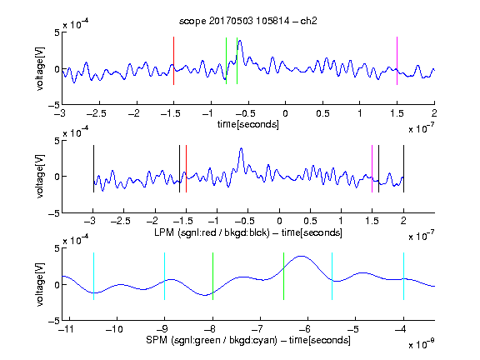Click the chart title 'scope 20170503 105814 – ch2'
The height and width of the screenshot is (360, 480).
(248, 21)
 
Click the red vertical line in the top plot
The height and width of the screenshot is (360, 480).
(173, 61)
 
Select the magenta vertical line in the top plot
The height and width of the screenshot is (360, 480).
(397, 61)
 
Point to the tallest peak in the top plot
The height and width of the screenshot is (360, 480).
(240, 41)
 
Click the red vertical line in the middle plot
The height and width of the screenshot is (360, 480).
(186, 168)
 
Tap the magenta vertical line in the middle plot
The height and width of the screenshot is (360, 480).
(372, 168)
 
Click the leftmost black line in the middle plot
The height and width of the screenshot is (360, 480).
(93, 168)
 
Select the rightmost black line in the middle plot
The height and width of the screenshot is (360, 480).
(403, 168)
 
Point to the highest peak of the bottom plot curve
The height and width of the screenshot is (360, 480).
(302, 256)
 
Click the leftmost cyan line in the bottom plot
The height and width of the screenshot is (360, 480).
(93, 276)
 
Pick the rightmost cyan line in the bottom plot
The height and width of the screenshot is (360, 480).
(403, 276)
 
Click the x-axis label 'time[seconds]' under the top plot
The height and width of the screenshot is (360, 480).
(248, 124)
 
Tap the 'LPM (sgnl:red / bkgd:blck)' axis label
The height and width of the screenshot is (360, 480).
(212, 232)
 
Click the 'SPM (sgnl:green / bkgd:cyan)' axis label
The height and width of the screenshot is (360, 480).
(212, 340)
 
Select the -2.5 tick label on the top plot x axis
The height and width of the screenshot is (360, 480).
(97, 113)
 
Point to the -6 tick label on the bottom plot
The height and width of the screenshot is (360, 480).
(304, 329)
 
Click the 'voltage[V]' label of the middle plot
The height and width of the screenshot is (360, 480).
(40, 177)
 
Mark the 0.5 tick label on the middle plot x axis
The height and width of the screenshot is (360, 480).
(310, 221)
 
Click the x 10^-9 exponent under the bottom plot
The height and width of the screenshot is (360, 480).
(422, 344)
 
